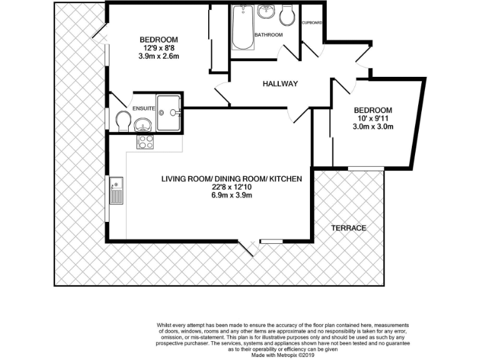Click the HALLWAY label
click(280, 84)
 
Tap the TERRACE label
click(349, 228)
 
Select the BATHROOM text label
click(268, 34)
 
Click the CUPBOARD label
click(311, 22)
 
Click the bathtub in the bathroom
click(241, 27)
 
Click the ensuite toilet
click(123, 121)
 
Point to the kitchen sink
click(116, 191)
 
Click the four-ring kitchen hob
click(145, 142)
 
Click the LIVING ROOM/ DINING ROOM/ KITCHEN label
click(231, 179)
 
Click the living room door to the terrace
click(248, 247)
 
